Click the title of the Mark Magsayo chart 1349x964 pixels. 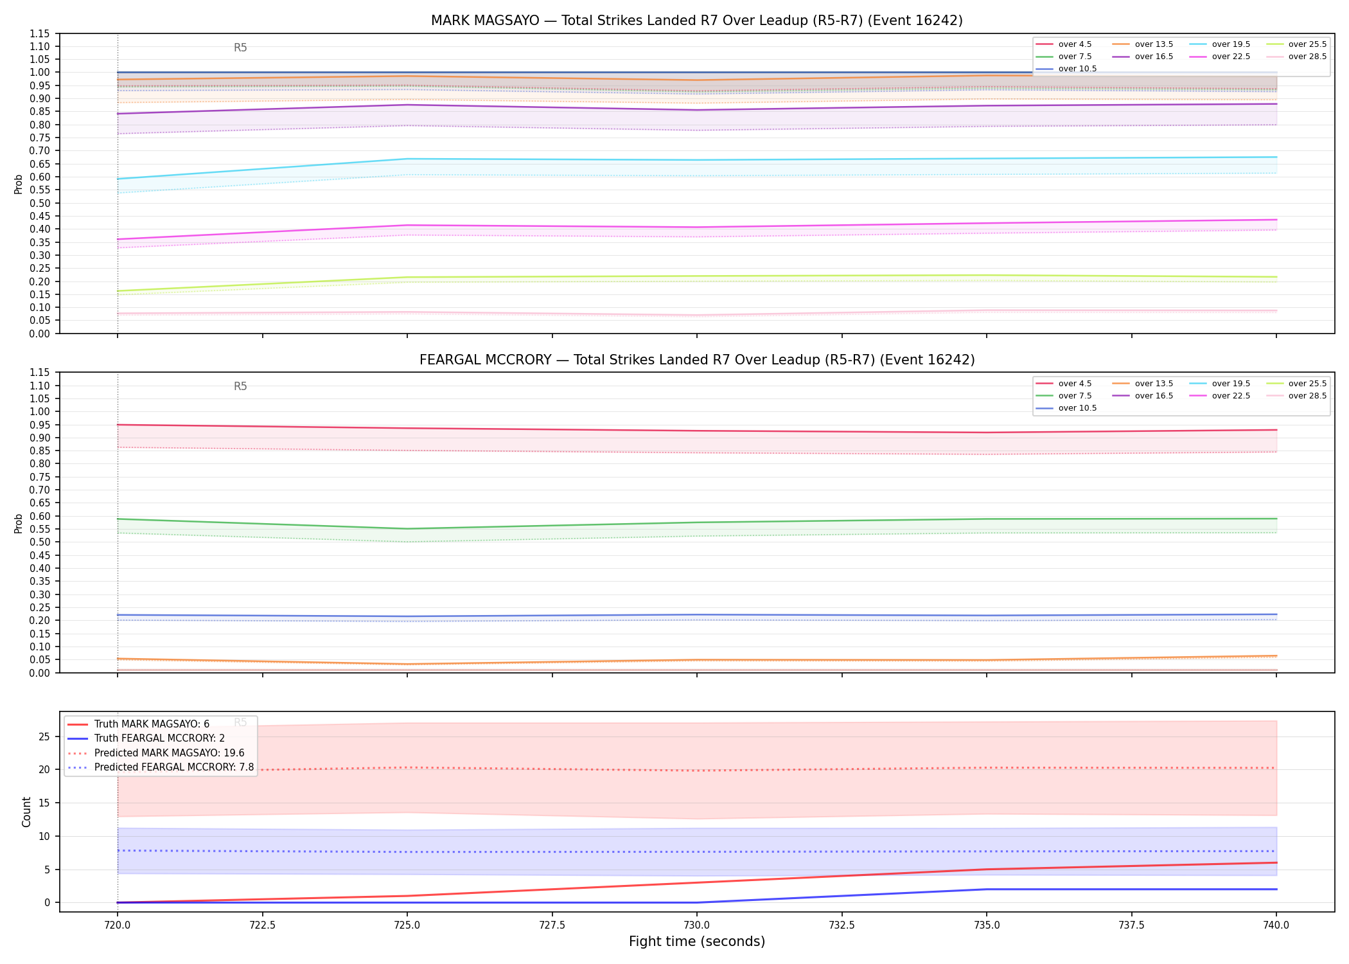pos(697,21)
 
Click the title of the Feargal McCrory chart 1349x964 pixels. pos(697,360)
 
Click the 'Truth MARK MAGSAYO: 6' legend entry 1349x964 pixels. pos(138,724)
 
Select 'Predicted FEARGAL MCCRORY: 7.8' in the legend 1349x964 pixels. pos(161,767)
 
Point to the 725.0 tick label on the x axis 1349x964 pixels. pos(407,925)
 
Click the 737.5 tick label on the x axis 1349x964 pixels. pos(1131,925)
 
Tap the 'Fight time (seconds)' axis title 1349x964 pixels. pos(697,942)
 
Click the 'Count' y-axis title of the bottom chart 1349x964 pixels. pos(26,812)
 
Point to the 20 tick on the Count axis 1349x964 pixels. pos(44,769)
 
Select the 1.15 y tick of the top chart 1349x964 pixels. pos(39,33)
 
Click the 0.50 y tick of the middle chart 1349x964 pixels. pos(39,542)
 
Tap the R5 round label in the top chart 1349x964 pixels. pos(240,48)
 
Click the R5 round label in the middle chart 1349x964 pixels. pos(240,386)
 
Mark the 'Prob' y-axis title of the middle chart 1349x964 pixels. pos(19,523)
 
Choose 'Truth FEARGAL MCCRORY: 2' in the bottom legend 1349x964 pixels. pos(146,738)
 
